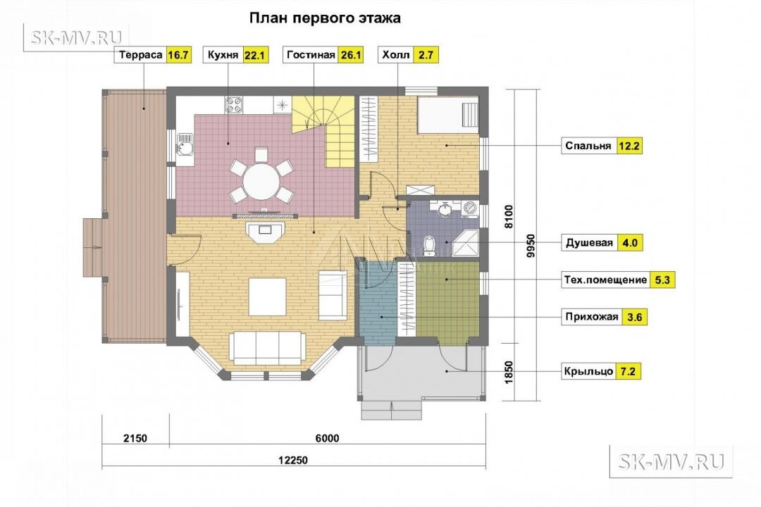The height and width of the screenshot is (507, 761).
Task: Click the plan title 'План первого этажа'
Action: pyautogui.click(x=325, y=18)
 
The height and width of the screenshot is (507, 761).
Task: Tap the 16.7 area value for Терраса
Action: pyautogui.click(x=178, y=55)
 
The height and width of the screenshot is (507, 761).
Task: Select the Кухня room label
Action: pyautogui.click(x=223, y=55)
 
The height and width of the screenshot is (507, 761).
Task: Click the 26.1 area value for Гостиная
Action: pyautogui.click(x=351, y=55)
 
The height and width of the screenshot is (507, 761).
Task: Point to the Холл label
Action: pyautogui.click(x=395, y=55)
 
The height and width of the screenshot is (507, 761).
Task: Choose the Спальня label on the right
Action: pyautogui.click(x=588, y=146)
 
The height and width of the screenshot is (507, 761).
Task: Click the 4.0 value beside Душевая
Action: pyautogui.click(x=629, y=242)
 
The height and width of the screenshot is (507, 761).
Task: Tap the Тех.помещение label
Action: pyautogui.click(x=605, y=280)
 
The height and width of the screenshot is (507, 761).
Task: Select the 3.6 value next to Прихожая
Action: pyautogui.click(x=634, y=318)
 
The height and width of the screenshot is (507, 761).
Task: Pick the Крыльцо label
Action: pyautogui.click(x=588, y=372)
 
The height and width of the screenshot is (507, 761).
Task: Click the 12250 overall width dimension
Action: pyautogui.click(x=293, y=460)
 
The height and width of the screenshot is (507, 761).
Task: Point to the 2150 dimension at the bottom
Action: pyautogui.click(x=135, y=439)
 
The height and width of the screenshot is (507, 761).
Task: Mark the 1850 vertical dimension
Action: pyautogui.click(x=509, y=372)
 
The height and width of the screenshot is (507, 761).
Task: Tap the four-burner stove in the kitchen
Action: pyautogui.click(x=233, y=106)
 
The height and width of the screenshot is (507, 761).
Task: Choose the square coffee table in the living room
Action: pyautogui.click(x=268, y=296)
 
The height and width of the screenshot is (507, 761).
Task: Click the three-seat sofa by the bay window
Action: pyautogui.click(x=267, y=347)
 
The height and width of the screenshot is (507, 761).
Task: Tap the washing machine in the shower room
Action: pyautogui.click(x=470, y=208)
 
